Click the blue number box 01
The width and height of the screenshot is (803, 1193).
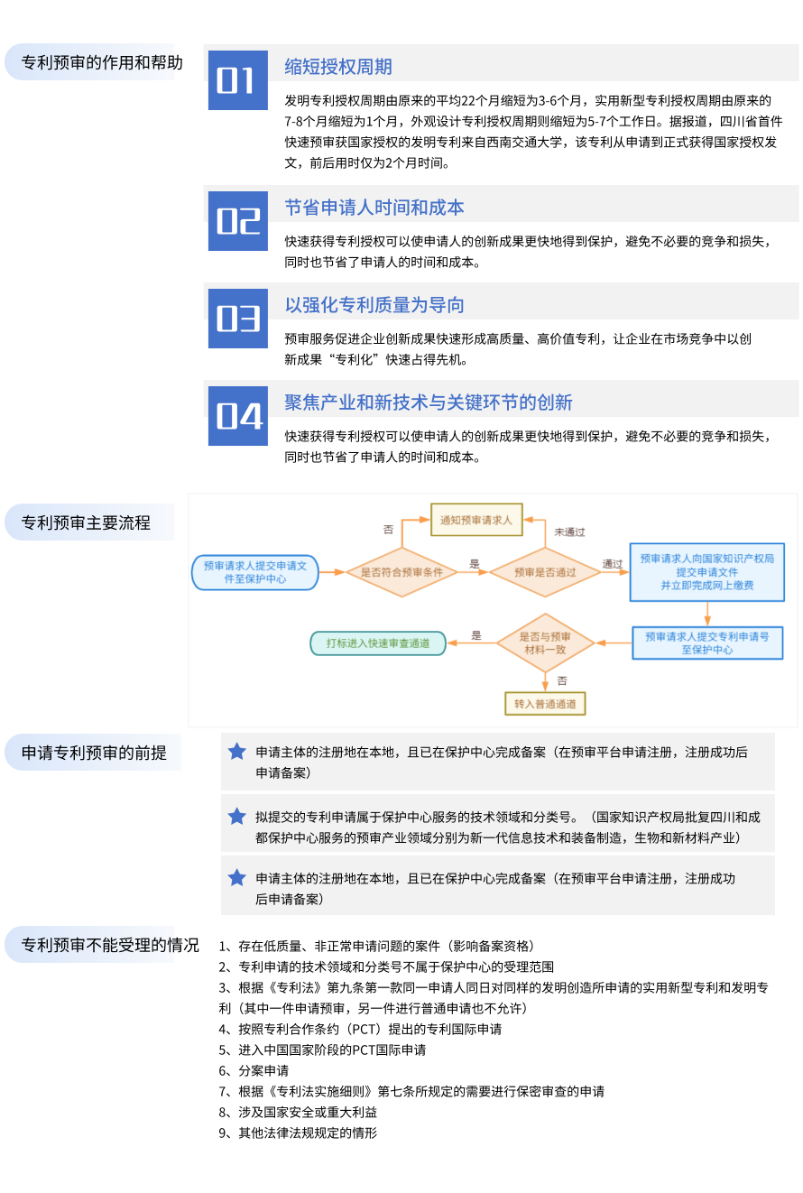click(x=238, y=80)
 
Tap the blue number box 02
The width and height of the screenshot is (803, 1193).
click(x=238, y=221)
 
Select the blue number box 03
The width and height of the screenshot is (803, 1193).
click(x=238, y=319)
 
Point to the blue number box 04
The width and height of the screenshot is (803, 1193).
click(x=238, y=416)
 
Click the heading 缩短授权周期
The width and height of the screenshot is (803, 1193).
click(x=338, y=67)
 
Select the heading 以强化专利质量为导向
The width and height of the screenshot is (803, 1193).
click(x=374, y=305)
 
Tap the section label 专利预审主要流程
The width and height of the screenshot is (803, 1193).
click(x=87, y=523)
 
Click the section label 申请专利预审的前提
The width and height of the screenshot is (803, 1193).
click(x=94, y=753)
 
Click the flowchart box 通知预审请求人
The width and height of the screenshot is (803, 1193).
click(x=475, y=520)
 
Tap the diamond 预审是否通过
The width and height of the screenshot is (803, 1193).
click(x=545, y=572)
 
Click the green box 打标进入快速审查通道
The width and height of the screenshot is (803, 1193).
click(x=378, y=643)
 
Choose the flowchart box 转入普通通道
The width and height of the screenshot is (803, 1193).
click(x=545, y=704)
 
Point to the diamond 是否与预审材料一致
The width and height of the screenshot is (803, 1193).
click(x=545, y=643)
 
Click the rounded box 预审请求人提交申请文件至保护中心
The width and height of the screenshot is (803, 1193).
click(x=255, y=572)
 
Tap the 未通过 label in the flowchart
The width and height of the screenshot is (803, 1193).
click(x=569, y=532)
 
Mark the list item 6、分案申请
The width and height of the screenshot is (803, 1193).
click(x=254, y=1070)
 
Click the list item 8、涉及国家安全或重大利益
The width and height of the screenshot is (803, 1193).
click(x=298, y=1112)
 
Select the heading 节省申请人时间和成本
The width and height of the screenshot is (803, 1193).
click(x=374, y=208)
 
